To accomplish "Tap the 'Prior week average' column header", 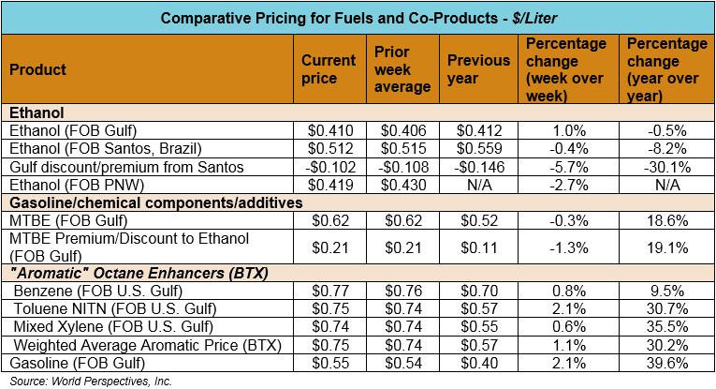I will tap(402, 68).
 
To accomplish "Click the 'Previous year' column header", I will tap(478, 68).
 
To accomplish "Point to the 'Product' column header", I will tap(37, 69).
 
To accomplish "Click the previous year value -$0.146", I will tap(478, 167).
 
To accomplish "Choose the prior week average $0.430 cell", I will tap(402, 185).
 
